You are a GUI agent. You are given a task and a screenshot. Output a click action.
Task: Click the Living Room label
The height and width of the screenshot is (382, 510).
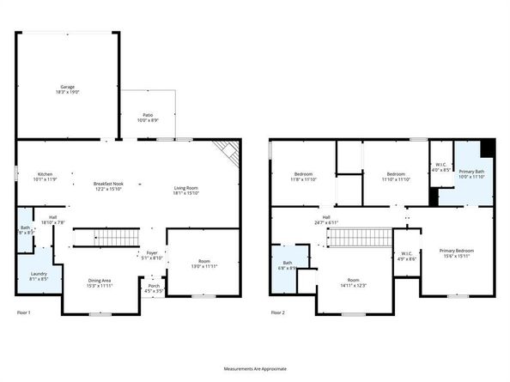coord(186,191)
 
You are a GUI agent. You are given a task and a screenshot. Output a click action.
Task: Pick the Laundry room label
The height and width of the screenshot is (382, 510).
coord(39,276)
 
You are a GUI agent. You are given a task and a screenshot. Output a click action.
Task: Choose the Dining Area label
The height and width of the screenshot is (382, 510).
coord(100,282)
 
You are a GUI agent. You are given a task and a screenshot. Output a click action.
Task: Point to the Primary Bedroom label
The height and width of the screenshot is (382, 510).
coord(456,252)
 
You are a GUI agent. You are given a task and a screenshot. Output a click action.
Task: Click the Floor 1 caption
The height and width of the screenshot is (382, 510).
coord(23,312)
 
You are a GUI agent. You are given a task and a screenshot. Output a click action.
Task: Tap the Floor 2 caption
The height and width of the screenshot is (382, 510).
coord(277,312)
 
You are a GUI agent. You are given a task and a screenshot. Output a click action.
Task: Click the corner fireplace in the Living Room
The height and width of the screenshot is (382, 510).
coord(227,152)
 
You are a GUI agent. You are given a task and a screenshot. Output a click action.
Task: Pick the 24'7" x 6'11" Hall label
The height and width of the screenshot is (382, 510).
coord(327,219)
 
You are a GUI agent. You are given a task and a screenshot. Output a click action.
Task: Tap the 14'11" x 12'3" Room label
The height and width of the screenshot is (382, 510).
coord(354,282)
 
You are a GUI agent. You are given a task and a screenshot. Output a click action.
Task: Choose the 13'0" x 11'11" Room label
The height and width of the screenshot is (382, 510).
coord(203,264)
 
